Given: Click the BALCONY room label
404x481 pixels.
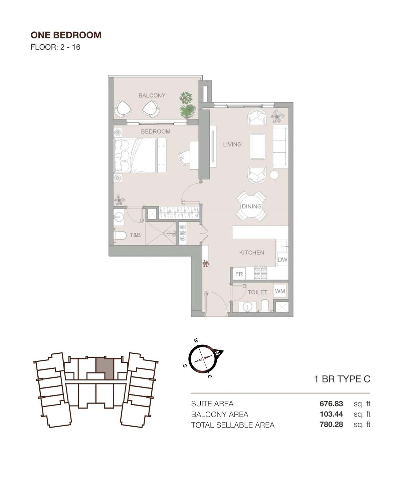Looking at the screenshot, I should pyautogui.click(x=152, y=96).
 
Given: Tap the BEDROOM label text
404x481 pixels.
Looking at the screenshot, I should pyautogui.click(x=156, y=132).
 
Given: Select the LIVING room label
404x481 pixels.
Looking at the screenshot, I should pyautogui.click(x=232, y=144).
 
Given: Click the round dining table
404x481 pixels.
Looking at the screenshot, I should pyautogui.click(x=252, y=206).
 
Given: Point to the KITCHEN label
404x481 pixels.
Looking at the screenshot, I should pyautogui.click(x=251, y=253).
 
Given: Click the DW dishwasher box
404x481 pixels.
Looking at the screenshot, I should pyautogui.click(x=282, y=260).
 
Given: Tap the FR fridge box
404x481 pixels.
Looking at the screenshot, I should pyautogui.click(x=239, y=274).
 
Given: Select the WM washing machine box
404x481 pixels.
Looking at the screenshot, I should pyautogui.click(x=280, y=291).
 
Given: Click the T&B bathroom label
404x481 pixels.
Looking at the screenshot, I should pyautogui.click(x=135, y=235).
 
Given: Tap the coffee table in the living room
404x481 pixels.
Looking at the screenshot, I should pyautogui.click(x=257, y=146).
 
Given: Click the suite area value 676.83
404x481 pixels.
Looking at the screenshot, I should pyautogui.click(x=331, y=404).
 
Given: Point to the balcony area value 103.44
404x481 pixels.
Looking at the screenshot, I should pyautogui.click(x=331, y=414).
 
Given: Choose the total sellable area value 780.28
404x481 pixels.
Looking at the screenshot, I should pyautogui.click(x=331, y=425).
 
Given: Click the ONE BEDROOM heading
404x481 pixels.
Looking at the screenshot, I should pyautogui.click(x=66, y=35).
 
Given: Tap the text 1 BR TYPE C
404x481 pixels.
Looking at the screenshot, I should pyautogui.click(x=342, y=379).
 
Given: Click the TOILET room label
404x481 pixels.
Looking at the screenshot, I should pyautogui.click(x=257, y=292).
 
